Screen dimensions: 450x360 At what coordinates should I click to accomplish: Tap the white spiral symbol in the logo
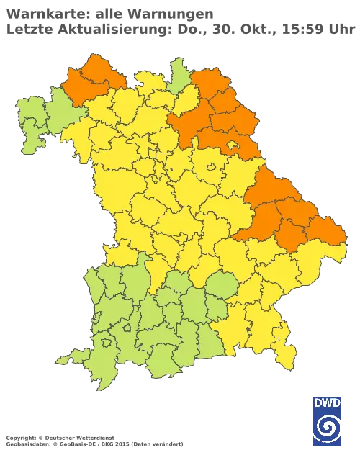(328, 429)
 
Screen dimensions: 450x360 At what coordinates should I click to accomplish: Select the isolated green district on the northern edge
(177, 72)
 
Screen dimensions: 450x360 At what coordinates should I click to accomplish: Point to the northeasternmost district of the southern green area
(220, 287)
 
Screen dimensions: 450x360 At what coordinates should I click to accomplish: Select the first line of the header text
(108, 12)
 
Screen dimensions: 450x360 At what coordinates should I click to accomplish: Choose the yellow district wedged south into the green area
(155, 277)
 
